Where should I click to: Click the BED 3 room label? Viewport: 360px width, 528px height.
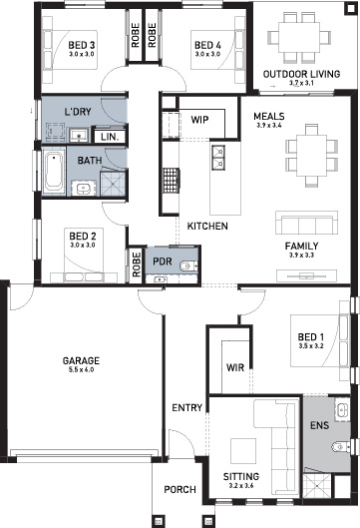coord(81,45)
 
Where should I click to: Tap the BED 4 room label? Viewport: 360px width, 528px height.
coord(206,45)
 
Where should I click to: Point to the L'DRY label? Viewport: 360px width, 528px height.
coord(78,111)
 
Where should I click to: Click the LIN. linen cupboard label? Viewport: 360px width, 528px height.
coord(108,136)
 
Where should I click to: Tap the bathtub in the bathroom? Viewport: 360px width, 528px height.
coord(53,173)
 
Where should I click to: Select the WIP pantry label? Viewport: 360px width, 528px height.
coord(199,118)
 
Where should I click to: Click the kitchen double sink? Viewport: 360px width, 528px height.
coord(217,155)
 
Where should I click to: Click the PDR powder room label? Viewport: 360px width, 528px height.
coord(162,262)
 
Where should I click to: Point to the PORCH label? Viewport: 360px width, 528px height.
coord(180,489)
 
